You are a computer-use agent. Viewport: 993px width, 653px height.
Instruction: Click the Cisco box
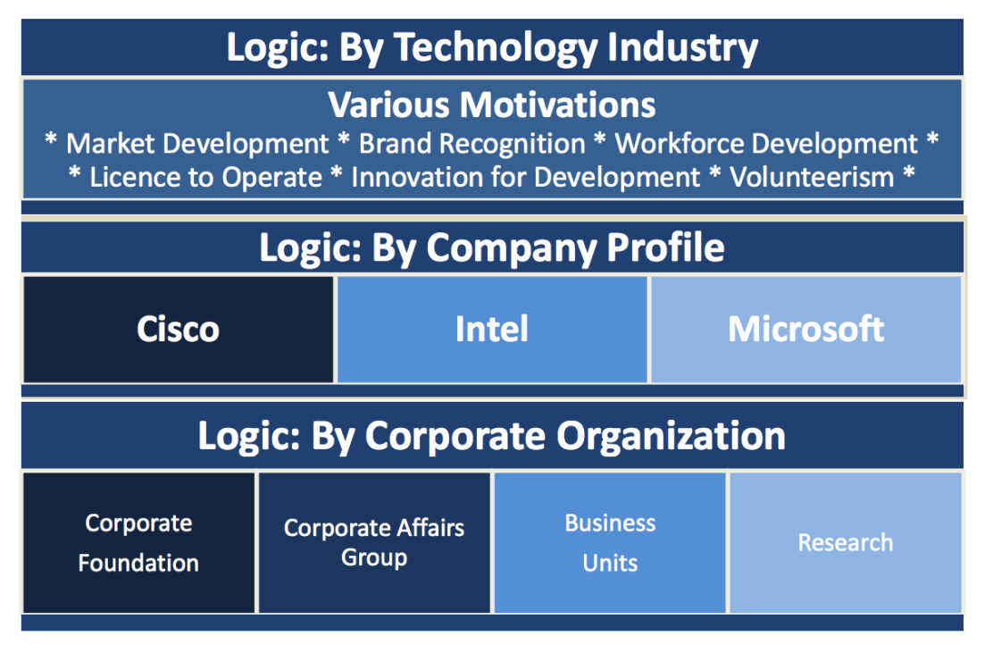click(x=178, y=330)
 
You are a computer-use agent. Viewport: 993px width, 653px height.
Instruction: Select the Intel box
click(x=492, y=330)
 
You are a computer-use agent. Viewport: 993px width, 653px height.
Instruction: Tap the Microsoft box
click(x=806, y=330)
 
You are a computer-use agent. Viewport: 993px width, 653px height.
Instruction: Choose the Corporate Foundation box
click(x=138, y=543)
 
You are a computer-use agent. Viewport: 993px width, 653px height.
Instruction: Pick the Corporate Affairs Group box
click(x=374, y=543)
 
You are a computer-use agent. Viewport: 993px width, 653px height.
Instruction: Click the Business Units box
click(x=610, y=543)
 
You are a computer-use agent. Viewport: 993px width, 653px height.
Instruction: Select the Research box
click(x=846, y=543)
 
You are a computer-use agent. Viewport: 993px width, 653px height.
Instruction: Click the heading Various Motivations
click(x=492, y=105)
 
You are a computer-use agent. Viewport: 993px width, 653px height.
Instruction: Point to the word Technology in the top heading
click(x=496, y=49)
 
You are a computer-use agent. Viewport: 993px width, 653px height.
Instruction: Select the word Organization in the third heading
click(x=671, y=437)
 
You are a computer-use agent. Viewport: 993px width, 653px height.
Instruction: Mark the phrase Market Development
click(x=197, y=144)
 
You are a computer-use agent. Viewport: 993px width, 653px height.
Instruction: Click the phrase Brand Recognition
click(x=472, y=144)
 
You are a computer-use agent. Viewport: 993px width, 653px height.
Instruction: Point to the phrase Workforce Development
click(x=767, y=144)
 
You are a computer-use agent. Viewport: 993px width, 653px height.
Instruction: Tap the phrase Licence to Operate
click(x=205, y=178)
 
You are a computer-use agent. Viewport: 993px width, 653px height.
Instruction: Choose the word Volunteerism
click(x=812, y=178)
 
